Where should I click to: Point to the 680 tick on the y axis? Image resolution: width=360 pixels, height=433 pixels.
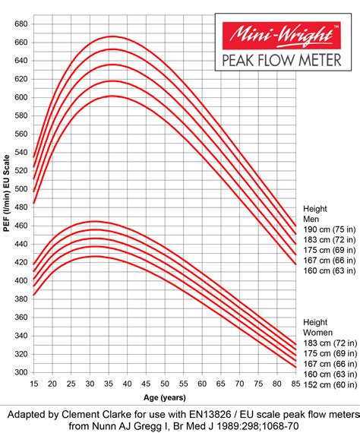click(x=21, y=24)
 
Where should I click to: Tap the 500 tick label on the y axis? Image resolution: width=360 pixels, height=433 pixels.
click(x=21, y=189)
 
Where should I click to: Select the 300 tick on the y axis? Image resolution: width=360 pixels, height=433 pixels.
click(x=21, y=373)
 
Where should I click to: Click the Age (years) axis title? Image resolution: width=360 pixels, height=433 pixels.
click(x=165, y=396)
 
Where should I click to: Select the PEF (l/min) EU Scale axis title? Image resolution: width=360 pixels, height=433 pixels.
click(x=7, y=198)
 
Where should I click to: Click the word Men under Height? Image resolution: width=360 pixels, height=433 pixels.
click(x=312, y=217)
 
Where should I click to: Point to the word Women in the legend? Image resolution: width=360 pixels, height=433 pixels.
click(x=317, y=333)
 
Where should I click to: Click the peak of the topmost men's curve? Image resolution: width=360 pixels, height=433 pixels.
click(x=112, y=36)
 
